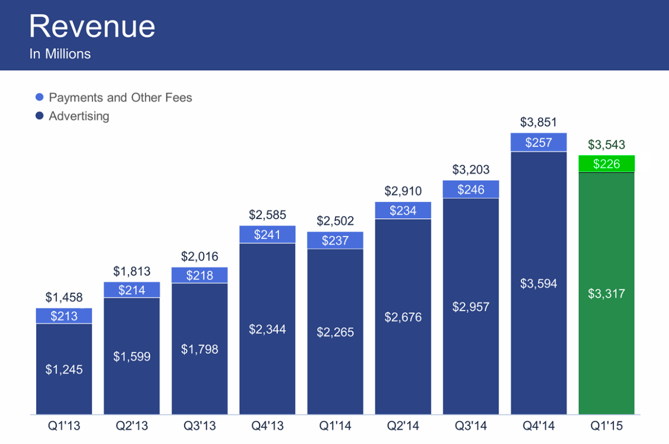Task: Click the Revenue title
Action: [x=92, y=26]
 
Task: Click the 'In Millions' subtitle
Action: [x=60, y=54]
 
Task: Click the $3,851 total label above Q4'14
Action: [x=538, y=122]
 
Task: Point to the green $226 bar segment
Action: [x=606, y=164]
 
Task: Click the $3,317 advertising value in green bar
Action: [x=606, y=294]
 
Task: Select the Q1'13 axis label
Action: [x=64, y=426]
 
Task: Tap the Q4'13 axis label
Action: [x=267, y=426]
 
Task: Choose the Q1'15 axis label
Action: [x=606, y=426]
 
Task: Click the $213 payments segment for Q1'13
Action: [x=64, y=316]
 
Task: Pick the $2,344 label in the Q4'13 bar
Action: [x=267, y=329]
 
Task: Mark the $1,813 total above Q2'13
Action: [x=132, y=271]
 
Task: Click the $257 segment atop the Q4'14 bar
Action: [x=538, y=143]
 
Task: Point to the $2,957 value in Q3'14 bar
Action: [x=471, y=307]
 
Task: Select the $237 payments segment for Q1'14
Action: [x=335, y=240]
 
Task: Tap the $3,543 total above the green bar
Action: [x=606, y=145]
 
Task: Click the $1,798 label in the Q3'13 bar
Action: [x=199, y=349]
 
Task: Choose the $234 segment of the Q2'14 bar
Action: [x=403, y=211]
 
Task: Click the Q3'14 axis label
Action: [x=471, y=426]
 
